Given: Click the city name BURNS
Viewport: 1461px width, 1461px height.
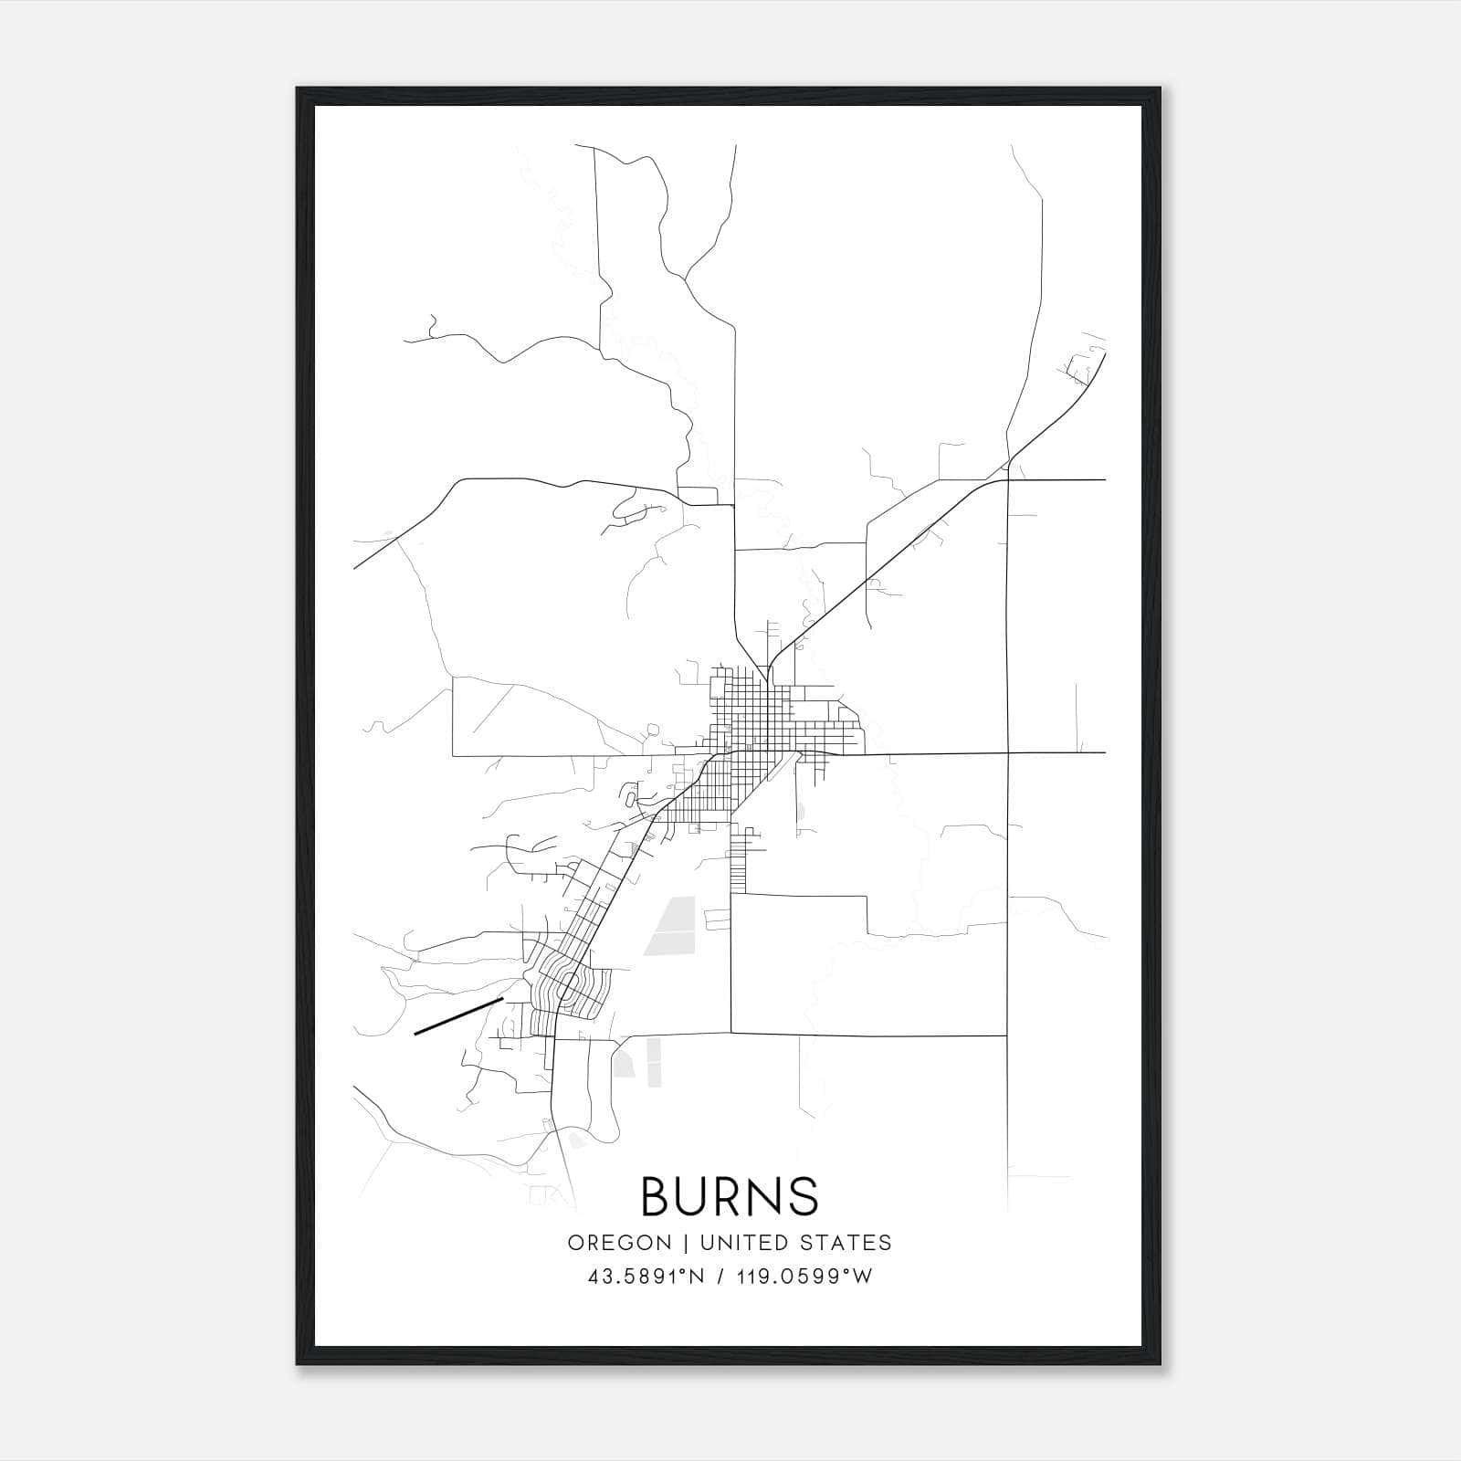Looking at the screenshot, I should [x=730, y=1196].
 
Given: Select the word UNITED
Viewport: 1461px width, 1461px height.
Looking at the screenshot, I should [x=743, y=1243].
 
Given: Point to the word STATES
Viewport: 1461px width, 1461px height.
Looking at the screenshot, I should [x=848, y=1243].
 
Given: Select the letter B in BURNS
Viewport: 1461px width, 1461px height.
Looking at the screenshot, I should [x=657, y=1196].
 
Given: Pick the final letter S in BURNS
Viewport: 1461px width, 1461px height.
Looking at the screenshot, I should [x=803, y=1196].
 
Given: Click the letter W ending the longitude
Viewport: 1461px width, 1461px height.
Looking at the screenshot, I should [x=863, y=1277].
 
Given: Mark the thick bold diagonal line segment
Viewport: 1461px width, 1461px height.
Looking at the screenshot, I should [x=458, y=1016].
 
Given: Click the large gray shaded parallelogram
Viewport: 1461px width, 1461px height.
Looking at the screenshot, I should [x=670, y=925].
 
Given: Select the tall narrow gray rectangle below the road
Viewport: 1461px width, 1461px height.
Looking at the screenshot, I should [x=654, y=1062].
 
